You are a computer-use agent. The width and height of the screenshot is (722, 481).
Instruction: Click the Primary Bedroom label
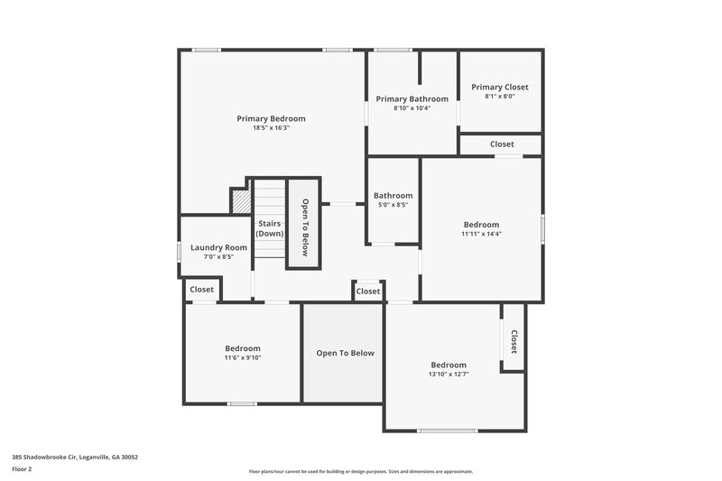point(271,118)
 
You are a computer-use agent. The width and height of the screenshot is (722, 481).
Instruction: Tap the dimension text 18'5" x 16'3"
point(271,128)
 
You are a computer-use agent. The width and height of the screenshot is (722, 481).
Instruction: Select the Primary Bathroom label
point(412,98)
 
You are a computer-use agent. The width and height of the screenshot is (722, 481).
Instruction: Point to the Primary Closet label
point(500,87)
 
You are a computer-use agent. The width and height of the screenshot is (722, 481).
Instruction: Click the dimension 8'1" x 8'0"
point(500,97)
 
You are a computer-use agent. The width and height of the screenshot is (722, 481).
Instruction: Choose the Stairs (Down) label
point(270,227)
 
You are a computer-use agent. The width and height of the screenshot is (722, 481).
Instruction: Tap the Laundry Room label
point(218,247)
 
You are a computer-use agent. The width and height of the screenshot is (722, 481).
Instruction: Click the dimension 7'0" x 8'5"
point(218,257)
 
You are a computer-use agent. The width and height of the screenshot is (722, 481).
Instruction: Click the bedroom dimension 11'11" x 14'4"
point(481,234)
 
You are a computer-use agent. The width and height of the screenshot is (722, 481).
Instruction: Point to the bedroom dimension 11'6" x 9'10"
point(243,358)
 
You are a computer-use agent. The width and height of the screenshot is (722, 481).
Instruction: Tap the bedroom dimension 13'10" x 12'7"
point(449,374)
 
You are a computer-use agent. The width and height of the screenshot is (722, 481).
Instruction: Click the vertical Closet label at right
point(514,341)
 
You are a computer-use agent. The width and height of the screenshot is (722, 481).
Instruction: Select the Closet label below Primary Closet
point(502,144)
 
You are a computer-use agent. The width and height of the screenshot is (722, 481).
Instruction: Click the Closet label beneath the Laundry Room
point(201,290)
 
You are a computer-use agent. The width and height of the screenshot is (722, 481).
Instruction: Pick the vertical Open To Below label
point(305,227)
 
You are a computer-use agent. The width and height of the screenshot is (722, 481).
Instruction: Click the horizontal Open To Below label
point(345,353)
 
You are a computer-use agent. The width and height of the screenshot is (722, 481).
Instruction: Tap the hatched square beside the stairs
point(240,201)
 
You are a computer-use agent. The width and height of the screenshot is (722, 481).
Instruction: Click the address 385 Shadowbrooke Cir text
point(75,457)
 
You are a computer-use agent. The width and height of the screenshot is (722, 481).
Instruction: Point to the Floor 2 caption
point(22,469)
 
